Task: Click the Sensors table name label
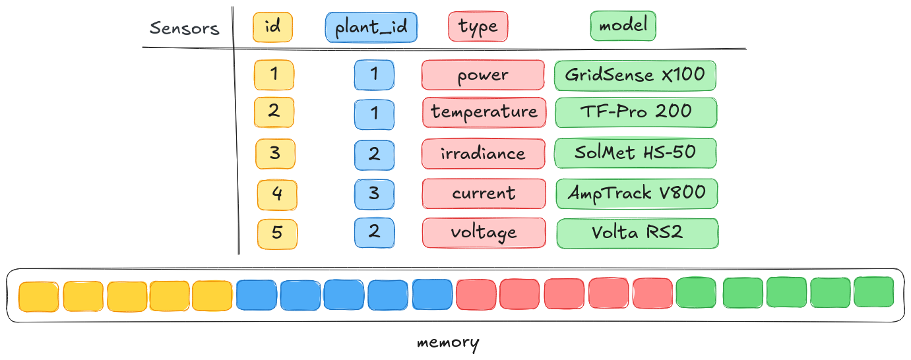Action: [x=184, y=28]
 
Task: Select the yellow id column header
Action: [x=272, y=28]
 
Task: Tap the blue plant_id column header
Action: [x=371, y=28]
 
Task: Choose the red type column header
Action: [x=478, y=28]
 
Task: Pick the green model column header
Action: [x=623, y=26]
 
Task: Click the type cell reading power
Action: [x=483, y=75]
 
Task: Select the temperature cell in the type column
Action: [x=484, y=112]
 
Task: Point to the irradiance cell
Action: [x=483, y=154]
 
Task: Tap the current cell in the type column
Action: [x=484, y=194]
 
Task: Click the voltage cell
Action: [x=484, y=233]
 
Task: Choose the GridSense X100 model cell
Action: [x=635, y=75]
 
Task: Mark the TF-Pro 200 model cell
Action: [x=636, y=112]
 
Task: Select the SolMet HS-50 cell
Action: [x=635, y=153]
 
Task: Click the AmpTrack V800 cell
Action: [x=637, y=193]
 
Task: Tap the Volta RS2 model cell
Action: [x=637, y=233]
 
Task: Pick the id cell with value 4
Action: [x=277, y=195]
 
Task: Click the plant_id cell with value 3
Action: [x=374, y=195]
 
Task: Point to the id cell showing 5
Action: [x=277, y=233]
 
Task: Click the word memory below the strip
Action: [x=448, y=343]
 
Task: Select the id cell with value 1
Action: [x=274, y=75]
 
